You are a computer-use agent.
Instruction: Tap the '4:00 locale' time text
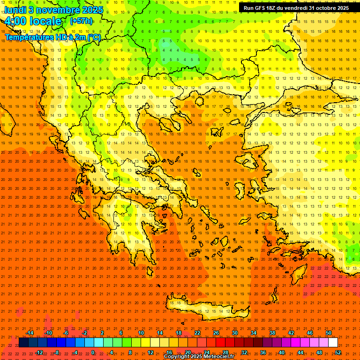[33, 21]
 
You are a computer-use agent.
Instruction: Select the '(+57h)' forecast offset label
[81, 21]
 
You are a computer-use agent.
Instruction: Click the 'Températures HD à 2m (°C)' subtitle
[52, 37]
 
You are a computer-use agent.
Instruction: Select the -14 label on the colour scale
[30, 333]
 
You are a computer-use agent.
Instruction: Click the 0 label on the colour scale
[93, 352]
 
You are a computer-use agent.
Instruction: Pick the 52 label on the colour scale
[338, 352]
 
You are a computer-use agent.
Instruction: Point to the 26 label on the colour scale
[216, 333]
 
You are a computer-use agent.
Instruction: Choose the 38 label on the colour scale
[272, 333]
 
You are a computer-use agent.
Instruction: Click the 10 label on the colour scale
[141, 333]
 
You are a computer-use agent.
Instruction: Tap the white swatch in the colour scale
[333, 343]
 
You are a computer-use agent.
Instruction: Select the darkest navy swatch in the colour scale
[23, 343]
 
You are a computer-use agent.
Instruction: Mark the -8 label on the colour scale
[57, 352]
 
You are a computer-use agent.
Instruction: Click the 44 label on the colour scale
[300, 352]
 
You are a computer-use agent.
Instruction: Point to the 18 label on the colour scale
[178, 333]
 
